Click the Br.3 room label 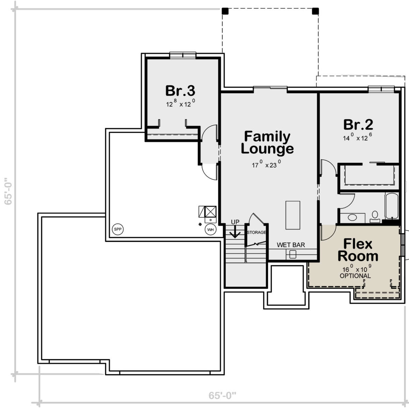(x=180, y=91)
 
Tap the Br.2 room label (x=358, y=125)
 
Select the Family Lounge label (x=267, y=142)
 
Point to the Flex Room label (x=358, y=250)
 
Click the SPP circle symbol (x=118, y=229)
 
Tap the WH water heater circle (x=210, y=230)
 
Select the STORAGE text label (x=256, y=232)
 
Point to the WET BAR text (x=291, y=245)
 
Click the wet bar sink (x=293, y=254)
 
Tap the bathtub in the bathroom (x=392, y=206)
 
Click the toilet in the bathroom (x=375, y=217)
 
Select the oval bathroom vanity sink (x=352, y=218)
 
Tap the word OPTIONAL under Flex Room (x=355, y=276)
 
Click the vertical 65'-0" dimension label (x=8, y=191)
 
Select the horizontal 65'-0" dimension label (x=222, y=396)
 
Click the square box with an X (x=211, y=211)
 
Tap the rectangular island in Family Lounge (x=293, y=215)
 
